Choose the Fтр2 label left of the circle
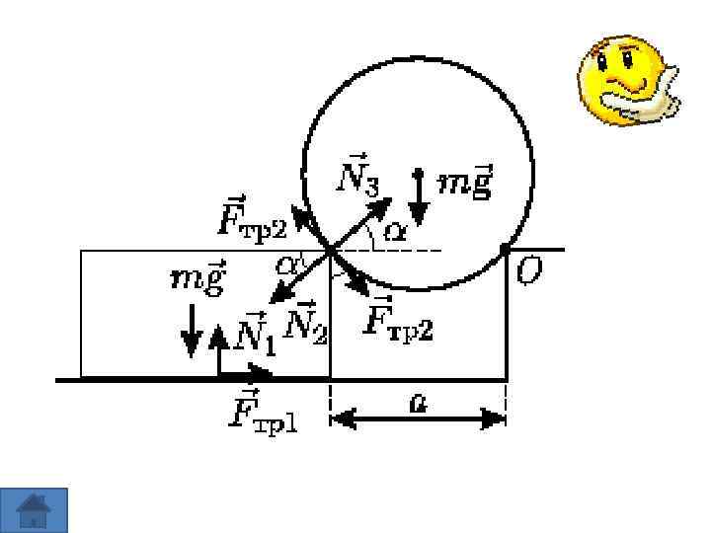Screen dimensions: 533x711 click(251, 219)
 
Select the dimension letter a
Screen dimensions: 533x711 click(419, 403)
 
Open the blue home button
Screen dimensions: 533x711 click(35, 509)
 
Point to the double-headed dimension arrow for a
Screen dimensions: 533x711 click(418, 419)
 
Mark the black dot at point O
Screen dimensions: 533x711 click(506, 249)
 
